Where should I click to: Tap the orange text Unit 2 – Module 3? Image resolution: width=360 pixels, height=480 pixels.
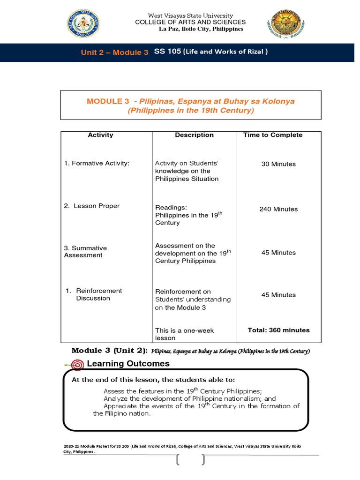pos(114,52)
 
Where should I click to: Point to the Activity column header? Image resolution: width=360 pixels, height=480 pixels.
pos(100,135)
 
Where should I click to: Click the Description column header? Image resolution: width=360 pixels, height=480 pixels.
pos(194,135)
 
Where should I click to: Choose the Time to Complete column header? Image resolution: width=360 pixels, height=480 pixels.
pos(273,135)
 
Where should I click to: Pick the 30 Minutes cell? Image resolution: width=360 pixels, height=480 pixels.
pos(278,164)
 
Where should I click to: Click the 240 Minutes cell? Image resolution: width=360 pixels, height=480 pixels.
pos(278,209)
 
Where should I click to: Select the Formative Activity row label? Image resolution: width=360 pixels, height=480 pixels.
pos(97,164)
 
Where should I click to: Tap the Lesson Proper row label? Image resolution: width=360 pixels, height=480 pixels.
pos(92,206)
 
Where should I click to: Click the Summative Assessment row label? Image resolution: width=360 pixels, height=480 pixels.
pos(85,252)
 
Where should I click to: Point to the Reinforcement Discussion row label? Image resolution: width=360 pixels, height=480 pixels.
pos(93,294)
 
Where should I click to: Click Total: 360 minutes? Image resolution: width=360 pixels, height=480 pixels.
pos(278,330)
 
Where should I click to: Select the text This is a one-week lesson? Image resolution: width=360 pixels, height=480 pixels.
pos(184,334)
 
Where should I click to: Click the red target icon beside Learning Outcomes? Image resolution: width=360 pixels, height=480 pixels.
pos(77,364)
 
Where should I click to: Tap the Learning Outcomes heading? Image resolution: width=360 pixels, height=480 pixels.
pos(128,364)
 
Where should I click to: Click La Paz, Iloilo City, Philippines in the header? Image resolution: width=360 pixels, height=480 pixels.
pos(201,29)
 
